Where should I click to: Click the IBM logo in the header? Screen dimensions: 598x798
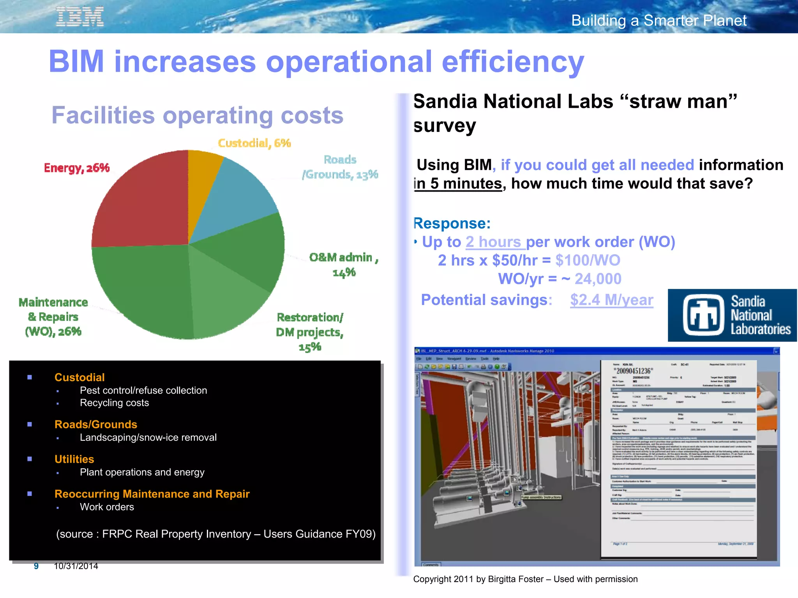click(80, 17)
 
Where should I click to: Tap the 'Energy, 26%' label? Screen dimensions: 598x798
click(77, 168)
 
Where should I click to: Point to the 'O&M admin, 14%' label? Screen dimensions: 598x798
click(344, 264)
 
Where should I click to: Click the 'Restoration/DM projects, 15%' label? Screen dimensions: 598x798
click(310, 332)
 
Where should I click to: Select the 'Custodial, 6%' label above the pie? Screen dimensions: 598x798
click(254, 143)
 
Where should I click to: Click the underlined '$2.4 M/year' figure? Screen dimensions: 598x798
click(611, 300)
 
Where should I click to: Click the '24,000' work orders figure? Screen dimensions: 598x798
click(598, 279)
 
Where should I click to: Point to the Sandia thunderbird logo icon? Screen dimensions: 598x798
click(703, 315)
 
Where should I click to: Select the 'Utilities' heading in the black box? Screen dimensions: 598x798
click(74, 459)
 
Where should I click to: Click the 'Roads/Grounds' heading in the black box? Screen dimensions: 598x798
click(96, 424)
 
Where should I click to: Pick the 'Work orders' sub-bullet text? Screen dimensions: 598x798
click(107, 507)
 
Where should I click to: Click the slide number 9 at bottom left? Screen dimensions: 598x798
click(36, 566)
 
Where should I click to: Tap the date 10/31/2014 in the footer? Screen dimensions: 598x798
click(76, 566)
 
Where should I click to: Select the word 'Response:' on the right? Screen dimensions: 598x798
click(452, 223)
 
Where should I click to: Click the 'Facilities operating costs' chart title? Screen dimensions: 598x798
click(198, 115)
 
